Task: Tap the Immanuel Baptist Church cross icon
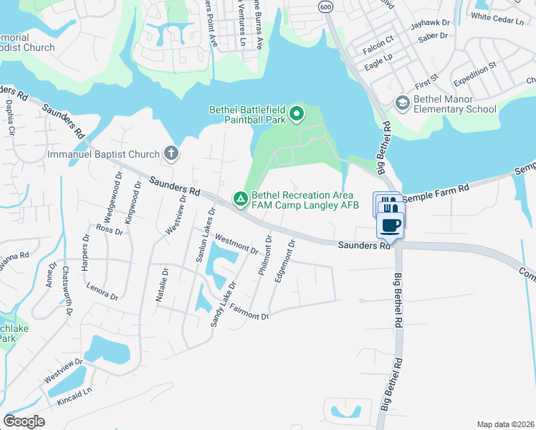tap(171, 153)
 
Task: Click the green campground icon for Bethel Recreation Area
tap(241, 199)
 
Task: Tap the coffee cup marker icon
tap(391, 225)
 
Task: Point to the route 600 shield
tap(327, 6)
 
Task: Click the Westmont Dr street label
tap(236, 245)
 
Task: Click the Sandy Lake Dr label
tap(223, 304)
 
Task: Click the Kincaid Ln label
tap(78, 393)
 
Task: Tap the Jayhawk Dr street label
tap(430, 24)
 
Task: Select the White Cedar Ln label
tap(497, 16)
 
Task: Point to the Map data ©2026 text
tap(504, 424)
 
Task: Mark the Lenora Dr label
tap(102, 291)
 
